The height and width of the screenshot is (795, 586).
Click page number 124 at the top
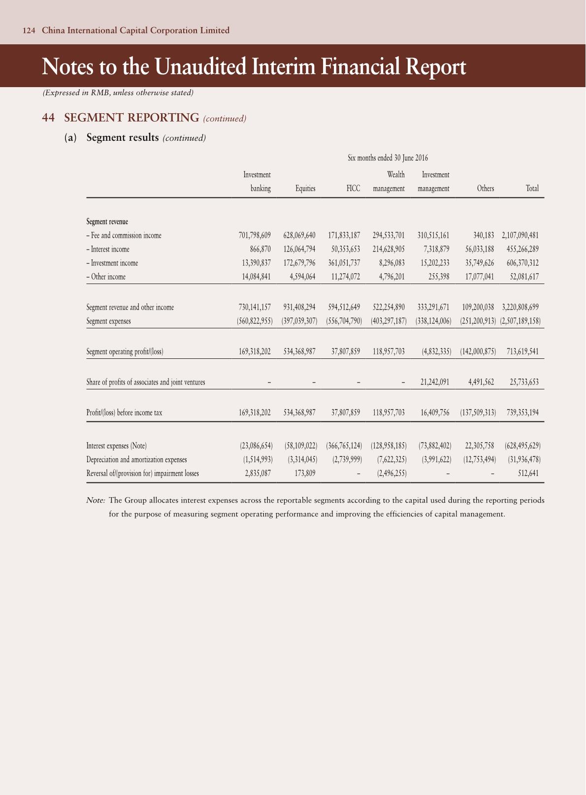point(29,31)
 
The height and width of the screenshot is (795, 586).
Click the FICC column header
point(353,189)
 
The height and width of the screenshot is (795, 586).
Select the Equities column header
point(305,189)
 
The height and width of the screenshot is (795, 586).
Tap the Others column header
point(485,189)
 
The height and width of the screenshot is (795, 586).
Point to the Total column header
point(532,189)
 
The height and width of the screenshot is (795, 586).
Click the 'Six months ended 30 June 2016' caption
point(388,158)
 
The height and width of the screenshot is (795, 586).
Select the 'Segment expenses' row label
point(109,321)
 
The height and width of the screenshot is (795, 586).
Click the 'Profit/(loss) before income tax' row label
point(124,413)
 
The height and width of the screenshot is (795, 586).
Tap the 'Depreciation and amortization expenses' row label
point(136,460)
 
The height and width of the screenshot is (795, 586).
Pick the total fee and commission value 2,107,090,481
point(520,236)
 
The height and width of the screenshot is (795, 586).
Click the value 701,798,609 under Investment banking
point(255,236)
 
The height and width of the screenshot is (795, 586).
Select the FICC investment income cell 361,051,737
point(344,263)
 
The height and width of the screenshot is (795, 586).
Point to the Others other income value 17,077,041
point(480,277)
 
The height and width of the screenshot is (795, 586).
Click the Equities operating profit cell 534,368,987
point(299,352)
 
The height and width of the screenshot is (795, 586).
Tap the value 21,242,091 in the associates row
point(434,382)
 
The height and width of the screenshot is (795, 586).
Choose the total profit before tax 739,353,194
point(522,413)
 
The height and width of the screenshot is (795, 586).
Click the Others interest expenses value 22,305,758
point(480,446)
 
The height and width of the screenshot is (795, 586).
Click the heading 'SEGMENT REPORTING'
point(131,118)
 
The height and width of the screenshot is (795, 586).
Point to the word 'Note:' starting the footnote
point(96,501)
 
